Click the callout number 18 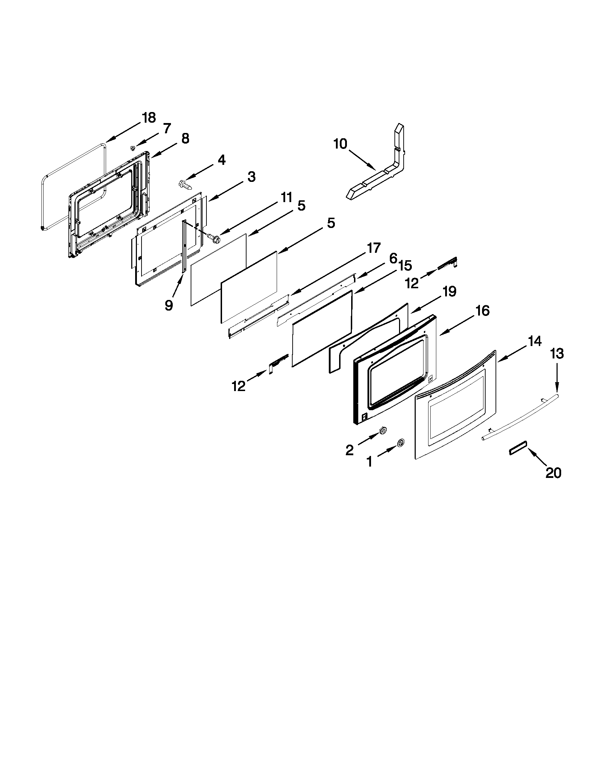pyautogui.click(x=149, y=117)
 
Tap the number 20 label pyautogui.click(x=553, y=473)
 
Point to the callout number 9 pyautogui.click(x=169, y=305)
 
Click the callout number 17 pyautogui.click(x=374, y=248)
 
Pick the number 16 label pyautogui.click(x=482, y=311)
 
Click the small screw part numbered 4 pyautogui.click(x=184, y=185)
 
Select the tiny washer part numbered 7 pyautogui.click(x=133, y=147)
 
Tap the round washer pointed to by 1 pyautogui.click(x=400, y=443)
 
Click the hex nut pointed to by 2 pyautogui.click(x=382, y=431)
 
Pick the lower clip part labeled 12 pyautogui.click(x=278, y=362)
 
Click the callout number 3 pyautogui.click(x=251, y=177)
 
